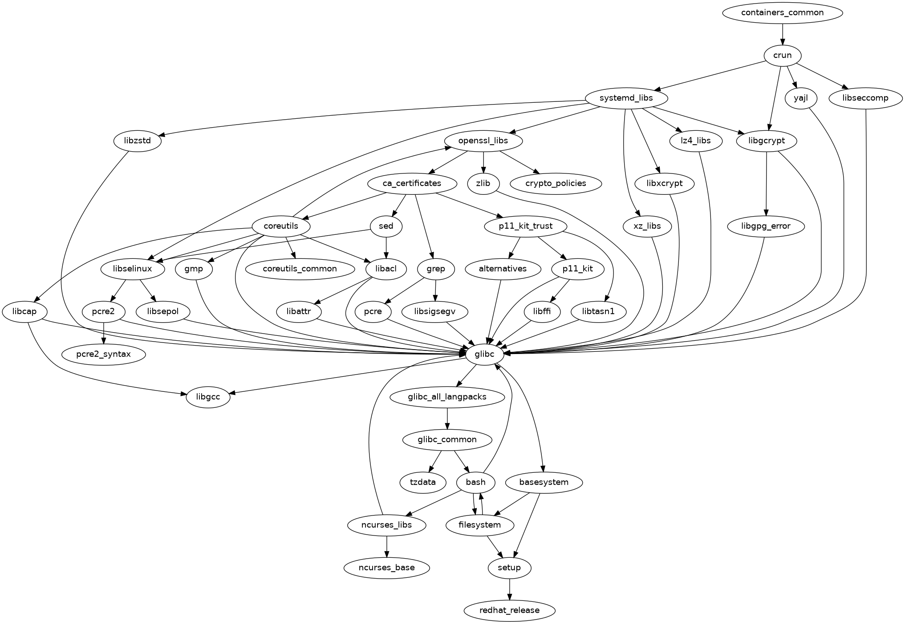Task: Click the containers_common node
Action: pyautogui.click(x=782, y=12)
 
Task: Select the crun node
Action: pyautogui.click(x=782, y=56)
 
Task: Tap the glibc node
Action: pyautogui.click(x=485, y=354)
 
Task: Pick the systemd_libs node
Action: pyautogui.click(x=626, y=98)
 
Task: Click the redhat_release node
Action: pyautogui.click(x=509, y=611)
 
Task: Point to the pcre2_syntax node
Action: pyautogui.click(x=104, y=354)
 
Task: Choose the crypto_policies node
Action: pyautogui.click(x=556, y=183)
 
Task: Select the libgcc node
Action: pyautogui.click(x=208, y=397)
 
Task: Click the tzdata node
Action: pyautogui.click(x=422, y=483)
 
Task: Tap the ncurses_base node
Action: pyautogui.click(x=386, y=568)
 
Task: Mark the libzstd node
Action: pyautogui.click(x=138, y=141)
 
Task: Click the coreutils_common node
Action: pyautogui.click(x=300, y=269)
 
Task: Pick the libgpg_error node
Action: pyautogui.click(x=766, y=226)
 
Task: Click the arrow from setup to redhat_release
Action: pyautogui.click(x=509, y=589)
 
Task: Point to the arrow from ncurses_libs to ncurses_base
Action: pyautogui.click(x=386, y=547)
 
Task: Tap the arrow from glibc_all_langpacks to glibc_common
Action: pyautogui.click(x=447, y=419)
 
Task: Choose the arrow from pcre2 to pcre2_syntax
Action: pyautogui.click(x=104, y=333)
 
